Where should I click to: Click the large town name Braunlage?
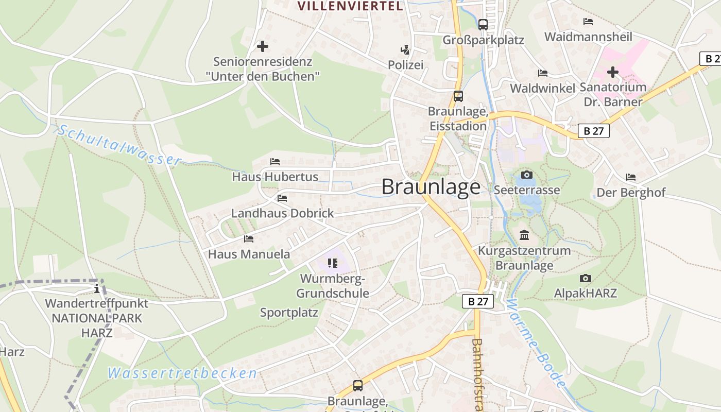click(431, 187)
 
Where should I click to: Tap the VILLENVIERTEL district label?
click(350, 6)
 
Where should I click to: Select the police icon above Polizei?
click(405, 50)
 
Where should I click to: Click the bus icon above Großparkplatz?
click(483, 24)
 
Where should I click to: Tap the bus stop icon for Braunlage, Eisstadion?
click(458, 96)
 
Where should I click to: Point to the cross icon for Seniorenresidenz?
click(263, 46)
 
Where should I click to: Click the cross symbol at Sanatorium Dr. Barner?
click(612, 72)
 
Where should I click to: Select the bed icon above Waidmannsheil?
click(588, 22)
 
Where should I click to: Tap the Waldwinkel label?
click(542, 88)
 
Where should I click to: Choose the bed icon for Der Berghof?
click(631, 177)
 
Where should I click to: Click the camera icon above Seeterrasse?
click(526, 175)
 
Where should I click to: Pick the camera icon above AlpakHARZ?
click(586, 278)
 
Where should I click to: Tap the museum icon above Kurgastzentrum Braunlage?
click(524, 235)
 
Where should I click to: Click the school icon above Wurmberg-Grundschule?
click(332, 264)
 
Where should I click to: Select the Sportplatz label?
click(289, 313)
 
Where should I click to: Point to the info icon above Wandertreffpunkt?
click(96, 288)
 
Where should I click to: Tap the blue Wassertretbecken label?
click(182, 373)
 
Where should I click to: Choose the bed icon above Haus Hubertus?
click(275, 162)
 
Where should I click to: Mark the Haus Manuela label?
click(249, 254)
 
